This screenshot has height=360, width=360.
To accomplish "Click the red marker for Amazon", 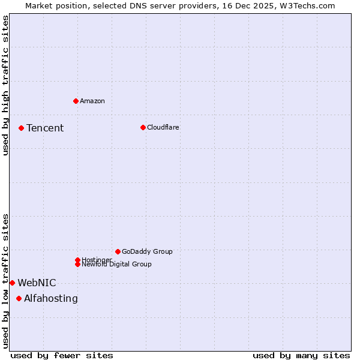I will [76, 101].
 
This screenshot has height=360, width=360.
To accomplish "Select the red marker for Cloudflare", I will [143, 127].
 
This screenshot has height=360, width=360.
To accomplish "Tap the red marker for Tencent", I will [21, 128].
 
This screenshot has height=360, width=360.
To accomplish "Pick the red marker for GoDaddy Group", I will [118, 251].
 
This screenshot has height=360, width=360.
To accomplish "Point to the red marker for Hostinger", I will [77, 260].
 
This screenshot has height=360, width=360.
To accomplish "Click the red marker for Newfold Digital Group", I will [77, 264].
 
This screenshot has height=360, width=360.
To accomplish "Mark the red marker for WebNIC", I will [12, 283].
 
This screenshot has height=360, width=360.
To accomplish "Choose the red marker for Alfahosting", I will [19, 298].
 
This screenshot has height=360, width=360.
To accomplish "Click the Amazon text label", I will [92, 101].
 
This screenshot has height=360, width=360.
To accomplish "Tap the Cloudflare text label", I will [163, 127].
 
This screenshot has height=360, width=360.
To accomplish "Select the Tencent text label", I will [45, 128].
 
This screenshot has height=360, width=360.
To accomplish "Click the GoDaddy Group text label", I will [147, 251].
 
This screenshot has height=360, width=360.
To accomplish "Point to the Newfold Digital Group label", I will [117, 265].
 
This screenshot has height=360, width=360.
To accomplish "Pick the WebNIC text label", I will [37, 283].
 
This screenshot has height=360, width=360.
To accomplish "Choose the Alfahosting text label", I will [51, 298].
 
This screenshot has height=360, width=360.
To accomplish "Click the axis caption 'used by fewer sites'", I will [62, 355].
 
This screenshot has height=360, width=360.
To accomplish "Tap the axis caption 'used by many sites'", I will [301, 355].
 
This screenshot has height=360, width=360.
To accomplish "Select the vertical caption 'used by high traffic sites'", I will [5, 85].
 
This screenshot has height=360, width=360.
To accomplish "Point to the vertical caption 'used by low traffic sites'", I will [5, 280].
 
